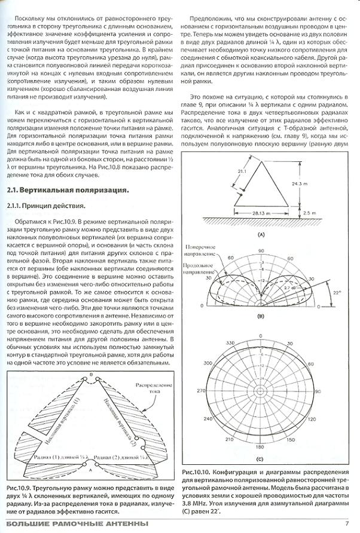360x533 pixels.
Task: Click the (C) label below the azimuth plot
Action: [x=261, y=460]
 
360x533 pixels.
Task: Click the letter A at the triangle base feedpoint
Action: [x=91, y=471]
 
